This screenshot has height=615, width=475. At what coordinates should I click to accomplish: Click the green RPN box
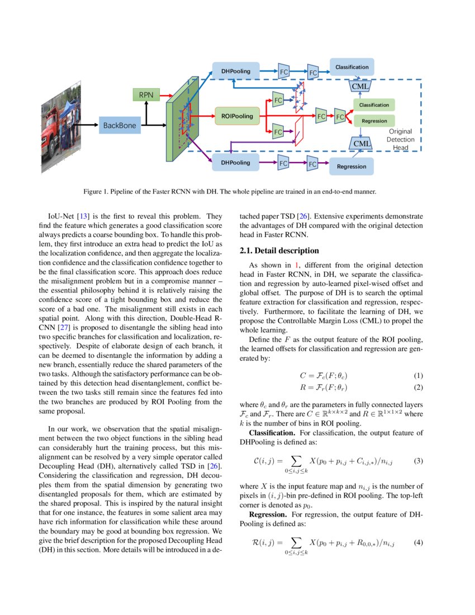(x=146, y=95)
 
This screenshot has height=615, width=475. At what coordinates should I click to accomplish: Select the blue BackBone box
(x=120, y=125)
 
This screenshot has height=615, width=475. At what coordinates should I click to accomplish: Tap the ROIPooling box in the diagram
(x=237, y=116)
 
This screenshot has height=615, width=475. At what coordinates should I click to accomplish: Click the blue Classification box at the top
(x=351, y=67)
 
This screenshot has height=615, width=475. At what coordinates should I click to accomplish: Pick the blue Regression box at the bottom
(x=351, y=166)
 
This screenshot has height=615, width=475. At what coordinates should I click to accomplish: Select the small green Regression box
(x=374, y=121)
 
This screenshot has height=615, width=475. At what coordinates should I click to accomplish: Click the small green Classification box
(x=374, y=105)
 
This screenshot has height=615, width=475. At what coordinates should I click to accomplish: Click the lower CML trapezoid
(x=362, y=143)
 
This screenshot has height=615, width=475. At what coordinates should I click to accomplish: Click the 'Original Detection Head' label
(x=401, y=139)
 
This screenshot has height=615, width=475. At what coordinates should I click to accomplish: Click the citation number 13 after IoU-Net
(x=88, y=216)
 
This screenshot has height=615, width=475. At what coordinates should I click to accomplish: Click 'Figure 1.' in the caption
(x=96, y=191)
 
